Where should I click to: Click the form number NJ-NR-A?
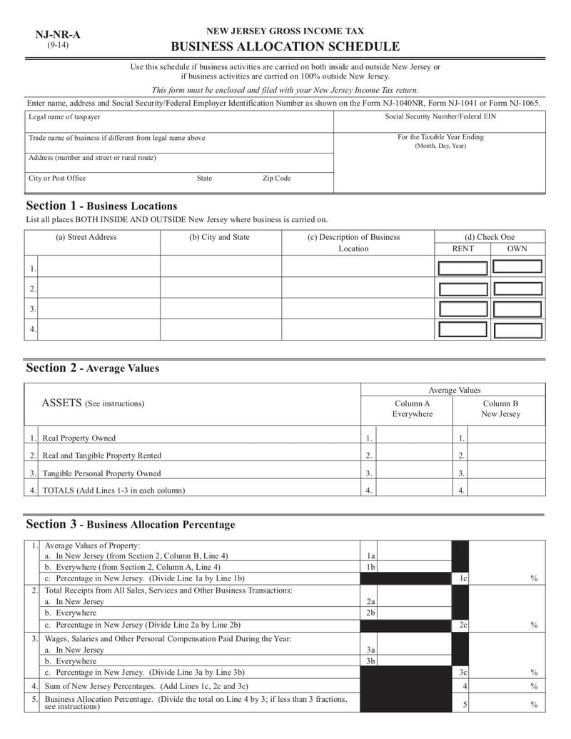(x=58, y=34)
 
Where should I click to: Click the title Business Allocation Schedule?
(x=285, y=47)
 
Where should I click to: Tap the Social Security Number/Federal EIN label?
(x=440, y=116)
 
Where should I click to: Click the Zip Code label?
(x=277, y=179)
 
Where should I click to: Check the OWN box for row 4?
(x=517, y=330)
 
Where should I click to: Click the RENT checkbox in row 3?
(x=463, y=309)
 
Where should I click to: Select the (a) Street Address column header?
(x=86, y=237)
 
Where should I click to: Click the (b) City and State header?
(x=220, y=237)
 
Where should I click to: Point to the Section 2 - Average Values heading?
(x=93, y=368)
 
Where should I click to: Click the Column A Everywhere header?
(x=412, y=408)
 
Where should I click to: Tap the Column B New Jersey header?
(x=500, y=408)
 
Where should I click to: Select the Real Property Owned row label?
(x=79, y=438)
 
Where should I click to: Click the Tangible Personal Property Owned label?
(x=101, y=473)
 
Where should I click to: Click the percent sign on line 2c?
(x=534, y=625)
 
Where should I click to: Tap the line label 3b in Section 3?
(x=370, y=661)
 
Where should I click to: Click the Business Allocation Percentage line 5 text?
(x=196, y=703)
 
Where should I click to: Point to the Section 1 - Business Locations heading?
(x=101, y=206)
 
